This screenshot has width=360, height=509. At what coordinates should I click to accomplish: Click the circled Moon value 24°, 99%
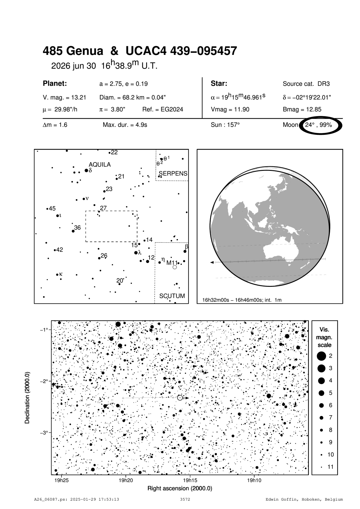(318, 125)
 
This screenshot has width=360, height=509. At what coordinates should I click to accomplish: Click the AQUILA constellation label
(100, 165)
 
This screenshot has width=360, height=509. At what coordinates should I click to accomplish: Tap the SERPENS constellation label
(173, 174)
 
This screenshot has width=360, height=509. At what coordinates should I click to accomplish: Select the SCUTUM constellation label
(172, 296)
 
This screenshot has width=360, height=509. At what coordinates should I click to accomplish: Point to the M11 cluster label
(172, 263)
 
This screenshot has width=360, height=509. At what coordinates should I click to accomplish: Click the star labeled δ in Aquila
(86, 171)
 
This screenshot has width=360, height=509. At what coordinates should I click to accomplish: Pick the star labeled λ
(136, 253)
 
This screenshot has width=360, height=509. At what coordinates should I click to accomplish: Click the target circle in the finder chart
(180, 398)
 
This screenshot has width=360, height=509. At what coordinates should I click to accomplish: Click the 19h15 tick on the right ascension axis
(190, 475)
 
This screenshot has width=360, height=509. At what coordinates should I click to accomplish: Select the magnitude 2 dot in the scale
(321, 356)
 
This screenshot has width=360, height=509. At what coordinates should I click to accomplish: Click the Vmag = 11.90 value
(230, 110)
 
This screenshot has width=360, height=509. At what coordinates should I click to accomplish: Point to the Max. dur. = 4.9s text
(125, 125)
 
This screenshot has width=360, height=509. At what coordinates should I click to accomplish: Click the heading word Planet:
(55, 84)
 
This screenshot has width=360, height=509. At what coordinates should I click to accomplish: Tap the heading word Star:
(219, 84)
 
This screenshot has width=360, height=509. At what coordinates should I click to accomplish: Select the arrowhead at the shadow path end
(212, 262)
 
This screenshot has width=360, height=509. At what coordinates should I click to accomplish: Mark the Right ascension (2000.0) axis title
(180, 488)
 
